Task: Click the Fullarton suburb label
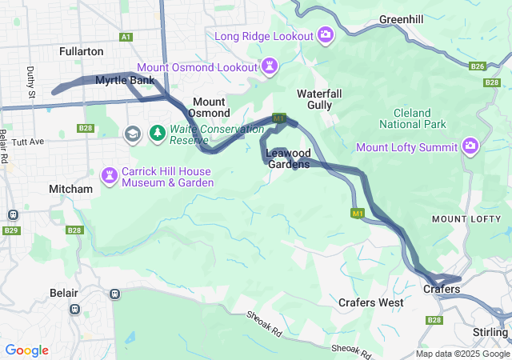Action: (81, 51)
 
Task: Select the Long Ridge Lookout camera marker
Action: (326, 34)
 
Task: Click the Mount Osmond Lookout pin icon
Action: (270, 66)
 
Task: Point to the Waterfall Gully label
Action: (319, 99)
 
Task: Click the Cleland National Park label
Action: (412, 118)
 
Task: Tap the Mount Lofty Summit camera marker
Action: (470, 146)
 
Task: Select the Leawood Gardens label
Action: (288, 158)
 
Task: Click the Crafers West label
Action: (370, 302)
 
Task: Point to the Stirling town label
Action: (490, 332)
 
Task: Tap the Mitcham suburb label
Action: (70, 189)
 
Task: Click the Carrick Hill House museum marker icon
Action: (109, 174)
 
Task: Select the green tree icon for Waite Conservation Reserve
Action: (158, 132)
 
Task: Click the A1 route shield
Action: (126, 37)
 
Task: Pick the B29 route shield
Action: (10, 230)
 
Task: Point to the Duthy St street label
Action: (31, 82)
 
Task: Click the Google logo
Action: (26, 350)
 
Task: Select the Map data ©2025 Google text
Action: (462, 354)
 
